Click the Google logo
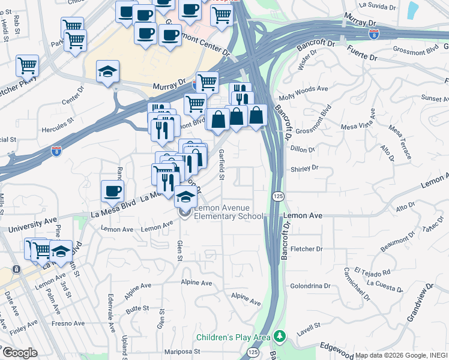pos(20,353)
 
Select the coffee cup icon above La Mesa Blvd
pos(112,191)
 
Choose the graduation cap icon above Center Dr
pos(108,73)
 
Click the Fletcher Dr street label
pos(306,248)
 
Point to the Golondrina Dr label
pos(309,286)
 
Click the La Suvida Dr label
pos(378,7)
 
